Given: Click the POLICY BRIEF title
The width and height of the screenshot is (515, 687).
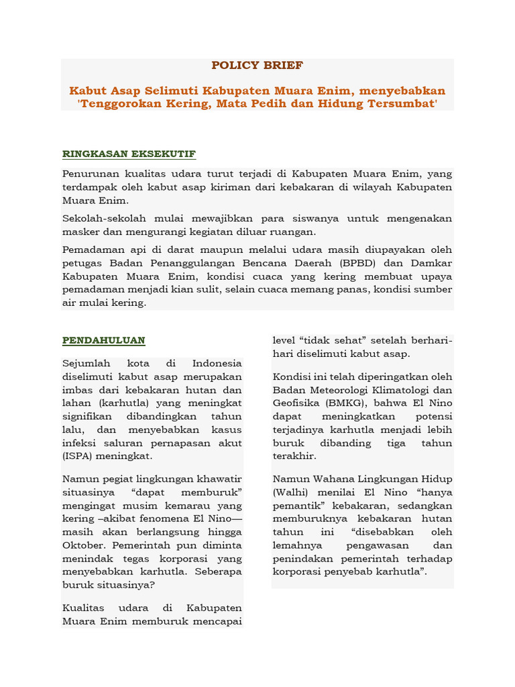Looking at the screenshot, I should [x=257, y=65].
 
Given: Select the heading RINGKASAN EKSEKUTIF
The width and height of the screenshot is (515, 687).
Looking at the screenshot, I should [x=129, y=154].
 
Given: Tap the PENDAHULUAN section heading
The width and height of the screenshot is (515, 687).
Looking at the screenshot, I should [x=104, y=340].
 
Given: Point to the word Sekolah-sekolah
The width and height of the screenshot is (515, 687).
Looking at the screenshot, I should [x=102, y=219].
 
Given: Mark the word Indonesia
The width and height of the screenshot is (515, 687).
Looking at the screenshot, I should [x=217, y=364].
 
